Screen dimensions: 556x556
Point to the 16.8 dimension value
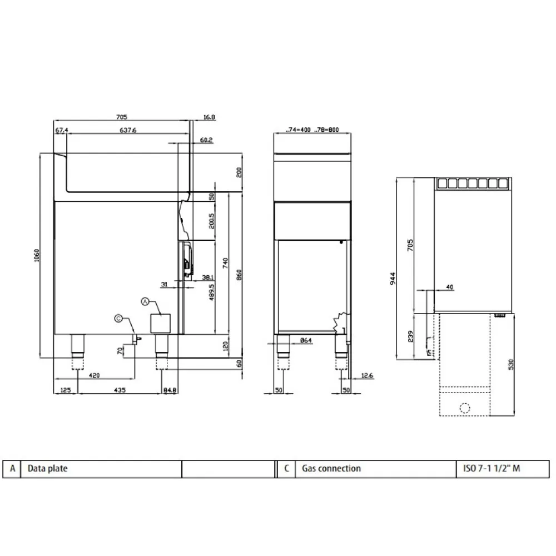209,117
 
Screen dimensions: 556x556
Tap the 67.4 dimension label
61,130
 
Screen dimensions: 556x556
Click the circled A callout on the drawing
145,301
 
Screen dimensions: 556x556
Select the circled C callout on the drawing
118,318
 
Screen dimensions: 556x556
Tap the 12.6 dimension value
367,375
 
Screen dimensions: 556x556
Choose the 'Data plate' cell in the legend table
48,469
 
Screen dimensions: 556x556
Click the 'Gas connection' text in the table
331,469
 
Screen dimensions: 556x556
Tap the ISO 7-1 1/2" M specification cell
492,469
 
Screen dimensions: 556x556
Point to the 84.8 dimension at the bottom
171,390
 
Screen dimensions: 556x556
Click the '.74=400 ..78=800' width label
313,130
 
